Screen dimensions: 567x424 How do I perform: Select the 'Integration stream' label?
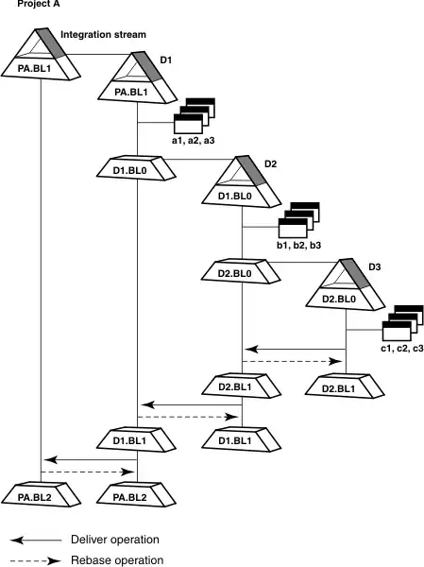click(x=103, y=35)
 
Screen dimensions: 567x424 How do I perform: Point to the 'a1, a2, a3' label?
click(x=194, y=140)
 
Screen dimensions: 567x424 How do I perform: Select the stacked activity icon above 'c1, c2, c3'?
click(x=402, y=323)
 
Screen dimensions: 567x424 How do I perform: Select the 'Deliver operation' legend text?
click(x=115, y=540)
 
